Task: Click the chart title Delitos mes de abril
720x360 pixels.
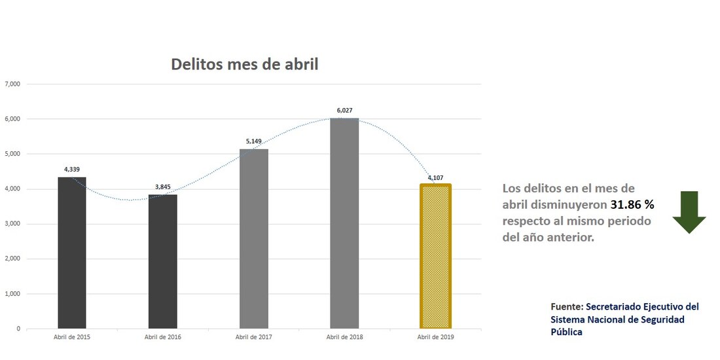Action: pyautogui.click(x=244, y=64)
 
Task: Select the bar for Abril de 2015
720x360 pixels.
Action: pyautogui.click(x=72, y=253)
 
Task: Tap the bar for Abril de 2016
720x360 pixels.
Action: pyautogui.click(x=162, y=261)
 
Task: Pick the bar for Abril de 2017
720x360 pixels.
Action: pyautogui.click(x=254, y=238)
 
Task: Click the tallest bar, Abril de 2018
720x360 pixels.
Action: pyautogui.click(x=344, y=223)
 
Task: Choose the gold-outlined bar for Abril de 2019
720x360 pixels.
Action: pyautogui.click(x=435, y=257)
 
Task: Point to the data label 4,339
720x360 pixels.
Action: pyautogui.click(x=72, y=170)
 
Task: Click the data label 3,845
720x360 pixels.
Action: pyautogui.click(x=162, y=187)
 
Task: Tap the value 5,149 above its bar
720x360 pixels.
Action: pyautogui.click(x=254, y=141)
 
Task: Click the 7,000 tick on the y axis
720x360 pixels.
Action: pyautogui.click(x=12, y=84)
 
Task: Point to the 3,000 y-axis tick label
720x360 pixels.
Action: pyautogui.click(x=12, y=224)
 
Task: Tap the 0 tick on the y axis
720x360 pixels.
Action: pyautogui.click(x=18, y=329)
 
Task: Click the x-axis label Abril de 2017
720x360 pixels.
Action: pyautogui.click(x=253, y=337)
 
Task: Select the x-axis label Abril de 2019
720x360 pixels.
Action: pyautogui.click(x=435, y=337)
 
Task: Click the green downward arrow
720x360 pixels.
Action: pyautogui.click(x=689, y=212)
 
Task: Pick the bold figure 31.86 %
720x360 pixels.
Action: pyautogui.click(x=632, y=204)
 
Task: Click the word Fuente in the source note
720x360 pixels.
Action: pyautogui.click(x=565, y=306)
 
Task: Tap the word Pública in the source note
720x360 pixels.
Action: pyautogui.click(x=566, y=332)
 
